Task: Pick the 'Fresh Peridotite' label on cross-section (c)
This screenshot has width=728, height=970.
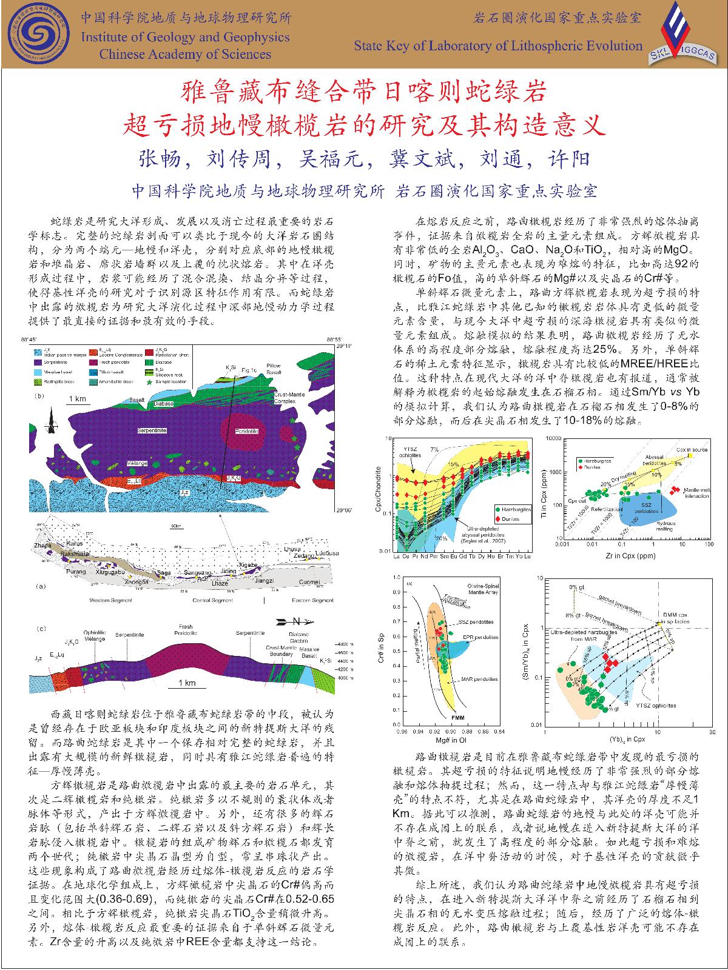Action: (x=186, y=630)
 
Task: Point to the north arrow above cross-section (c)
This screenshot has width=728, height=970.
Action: (x=293, y=621)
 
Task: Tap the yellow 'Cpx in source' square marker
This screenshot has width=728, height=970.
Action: (x=690, y=455)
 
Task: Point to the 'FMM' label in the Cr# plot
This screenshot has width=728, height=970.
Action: (x=459, y=718)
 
